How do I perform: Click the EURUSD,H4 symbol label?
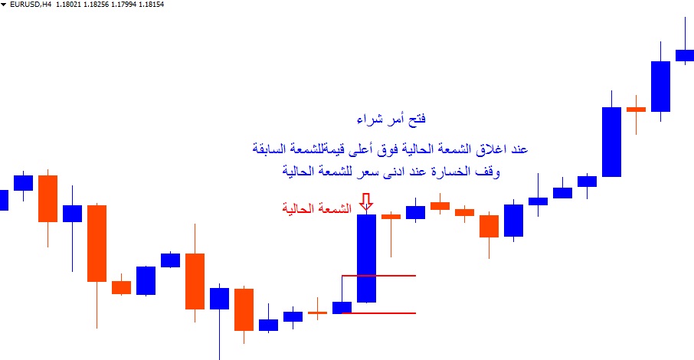point(31,5)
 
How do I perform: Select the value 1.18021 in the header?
point(67,5)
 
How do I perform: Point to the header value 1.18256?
point(96,5)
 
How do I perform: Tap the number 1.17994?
point(123,5)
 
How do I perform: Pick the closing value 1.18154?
point(152,5)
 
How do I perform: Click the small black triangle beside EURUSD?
point(4,5)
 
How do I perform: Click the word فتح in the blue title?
point(416,119)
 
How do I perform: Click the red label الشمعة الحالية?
point(317,208)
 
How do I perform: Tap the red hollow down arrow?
point(366,202)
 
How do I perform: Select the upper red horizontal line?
point(379,276)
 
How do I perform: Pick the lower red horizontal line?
point(379,313)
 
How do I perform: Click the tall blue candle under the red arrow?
point(366,259)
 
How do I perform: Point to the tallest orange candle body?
point(97,243)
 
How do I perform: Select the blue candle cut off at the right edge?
point(685,55)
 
